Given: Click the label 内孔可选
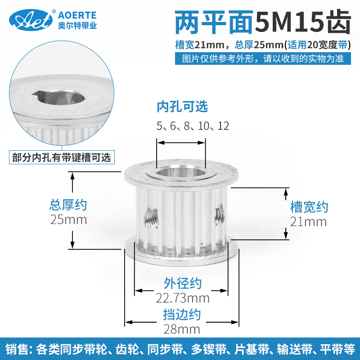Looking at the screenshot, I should tap(182, 107).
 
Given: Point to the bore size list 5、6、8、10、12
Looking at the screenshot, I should tap(193, 126).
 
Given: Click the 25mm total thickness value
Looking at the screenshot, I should tap(68, 220).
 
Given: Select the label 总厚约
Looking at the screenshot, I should tap(68, 205).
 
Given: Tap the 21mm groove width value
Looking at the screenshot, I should tap(309, 221).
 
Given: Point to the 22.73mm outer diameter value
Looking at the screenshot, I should tap(182, 298).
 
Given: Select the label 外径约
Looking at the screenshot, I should tap(182, 283).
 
